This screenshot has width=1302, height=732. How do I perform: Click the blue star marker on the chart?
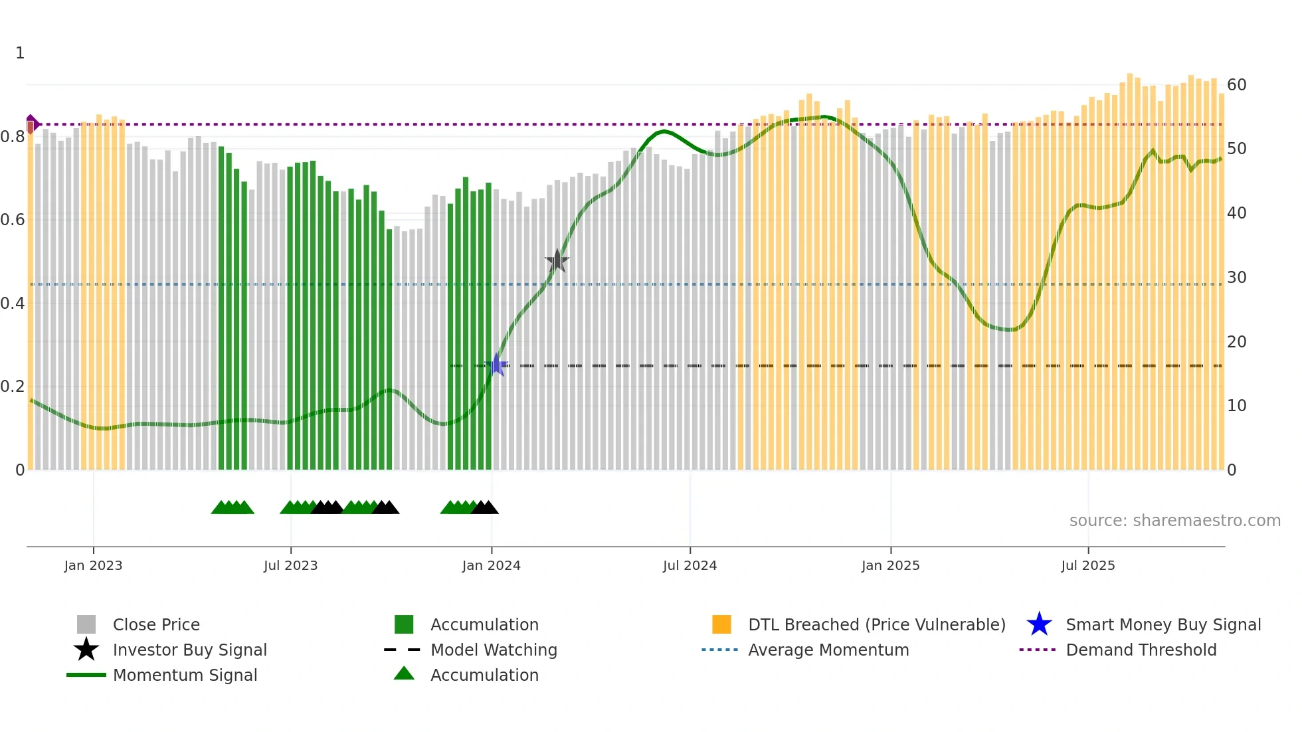click(x=496, y=365)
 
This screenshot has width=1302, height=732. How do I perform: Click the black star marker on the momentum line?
click(x=557, y=261)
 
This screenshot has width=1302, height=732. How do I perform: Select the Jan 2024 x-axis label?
click(x=491, y=565)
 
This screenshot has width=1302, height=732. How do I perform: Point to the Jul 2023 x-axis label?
click(x=290, y=565)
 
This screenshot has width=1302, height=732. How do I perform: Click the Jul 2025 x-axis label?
click(x=1087, y=565)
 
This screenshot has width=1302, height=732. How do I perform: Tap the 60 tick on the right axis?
click(x=1236, y=85)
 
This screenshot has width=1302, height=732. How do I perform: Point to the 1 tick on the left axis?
click(x=20, y=53)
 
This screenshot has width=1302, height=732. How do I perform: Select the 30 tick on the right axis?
click(x=1236, y=278)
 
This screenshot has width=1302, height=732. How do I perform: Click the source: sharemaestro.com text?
click(x=1174, y=521)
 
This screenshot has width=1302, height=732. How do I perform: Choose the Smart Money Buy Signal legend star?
click(x=1039, y=624)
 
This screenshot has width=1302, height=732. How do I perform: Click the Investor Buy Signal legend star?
click(x=86, y=650)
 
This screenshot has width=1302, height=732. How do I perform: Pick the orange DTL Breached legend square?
click(x=721, y=624)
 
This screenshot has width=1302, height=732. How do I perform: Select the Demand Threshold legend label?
click(x=1141, y=650)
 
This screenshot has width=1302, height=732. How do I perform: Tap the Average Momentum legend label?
click(x=828, y=650)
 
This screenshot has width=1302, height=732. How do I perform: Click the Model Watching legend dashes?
click(x=403, y=650)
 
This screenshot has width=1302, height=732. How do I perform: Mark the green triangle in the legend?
click(x=404, y=674)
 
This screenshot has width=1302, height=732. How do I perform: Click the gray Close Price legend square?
click(x=86, y=624)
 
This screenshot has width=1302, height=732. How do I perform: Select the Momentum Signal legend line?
click(x=86, y=675)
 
